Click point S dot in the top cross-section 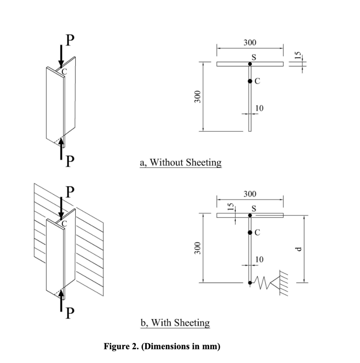coord(250,64)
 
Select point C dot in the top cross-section coord(250,81)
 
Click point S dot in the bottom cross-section coord(250,215)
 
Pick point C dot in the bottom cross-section coord(250,233)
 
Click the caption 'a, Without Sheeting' coord(181,162)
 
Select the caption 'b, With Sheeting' coord(175,323)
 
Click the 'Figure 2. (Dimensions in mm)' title coord(162,346)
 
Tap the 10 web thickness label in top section coord(260,108)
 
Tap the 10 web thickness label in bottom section coord(260,259)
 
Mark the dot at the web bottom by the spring coord(250,283)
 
